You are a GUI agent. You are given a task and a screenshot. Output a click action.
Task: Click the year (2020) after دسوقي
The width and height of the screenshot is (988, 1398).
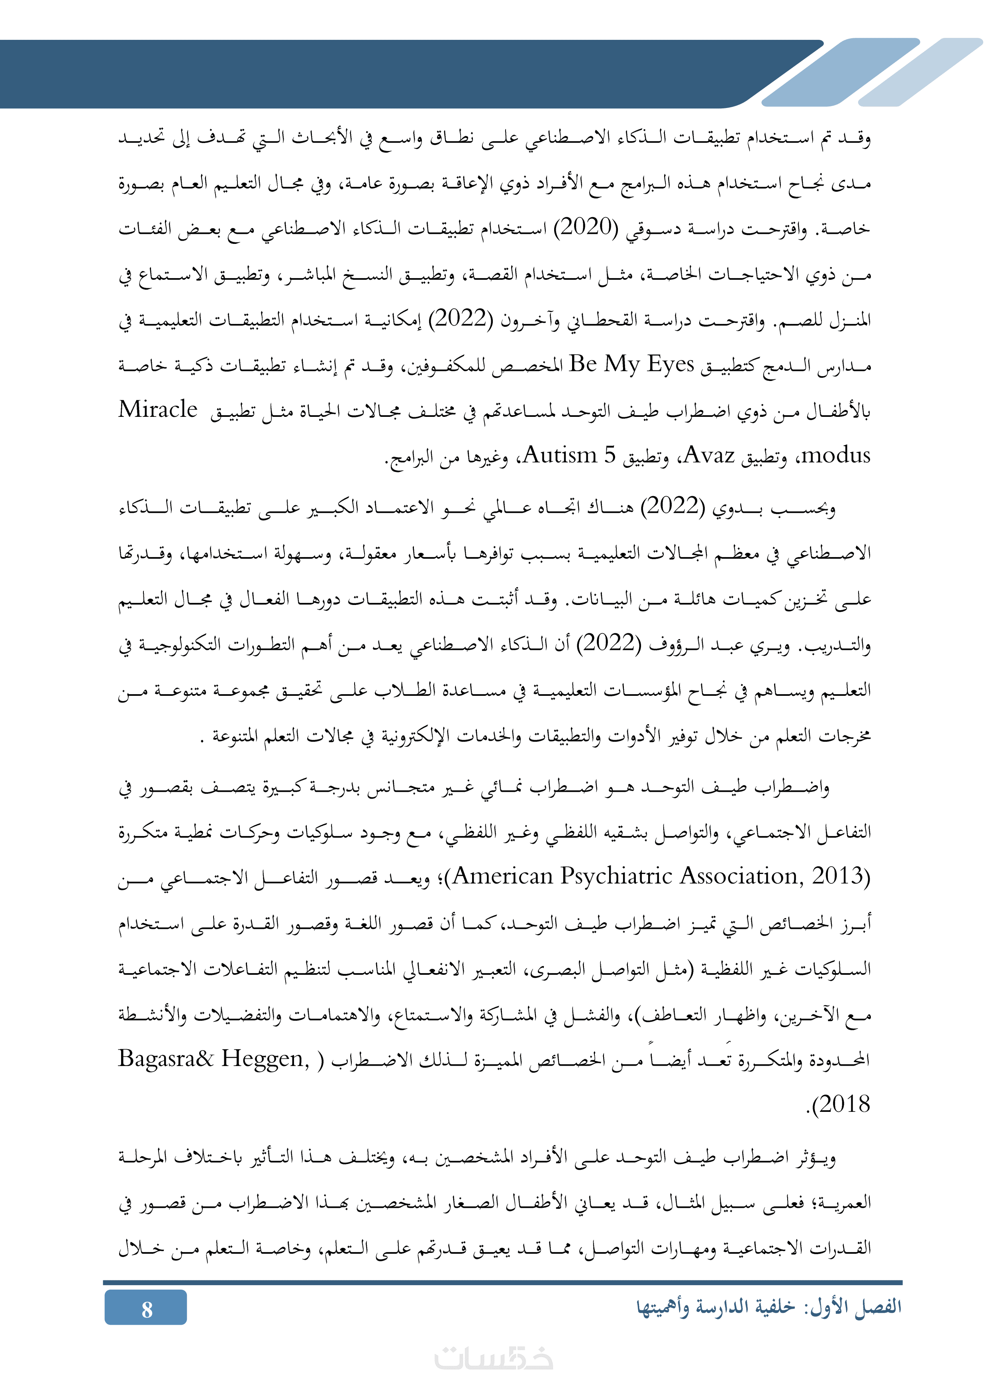586,228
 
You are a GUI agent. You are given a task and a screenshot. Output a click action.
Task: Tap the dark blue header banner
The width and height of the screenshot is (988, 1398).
365,73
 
